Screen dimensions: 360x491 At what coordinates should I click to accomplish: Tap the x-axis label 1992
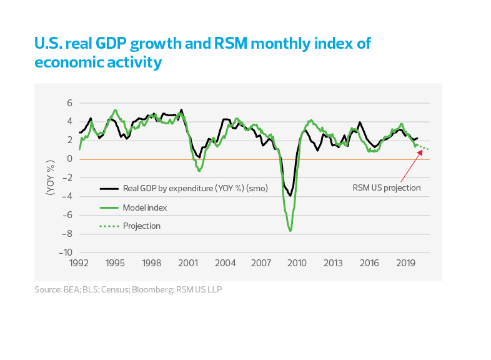click(79, 264)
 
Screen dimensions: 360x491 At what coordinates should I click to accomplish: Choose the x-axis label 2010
click(297, 264)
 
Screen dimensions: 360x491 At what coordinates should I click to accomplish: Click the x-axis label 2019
click(407, 264)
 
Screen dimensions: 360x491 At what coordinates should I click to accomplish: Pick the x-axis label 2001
click(188, 264)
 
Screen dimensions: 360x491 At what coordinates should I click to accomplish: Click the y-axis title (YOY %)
click(50, 177)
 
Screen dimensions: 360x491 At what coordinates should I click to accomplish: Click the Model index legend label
click(145, 207)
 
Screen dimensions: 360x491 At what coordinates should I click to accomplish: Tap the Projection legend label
click(142, 226)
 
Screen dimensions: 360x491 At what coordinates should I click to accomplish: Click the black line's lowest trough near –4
click(290, 196)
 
